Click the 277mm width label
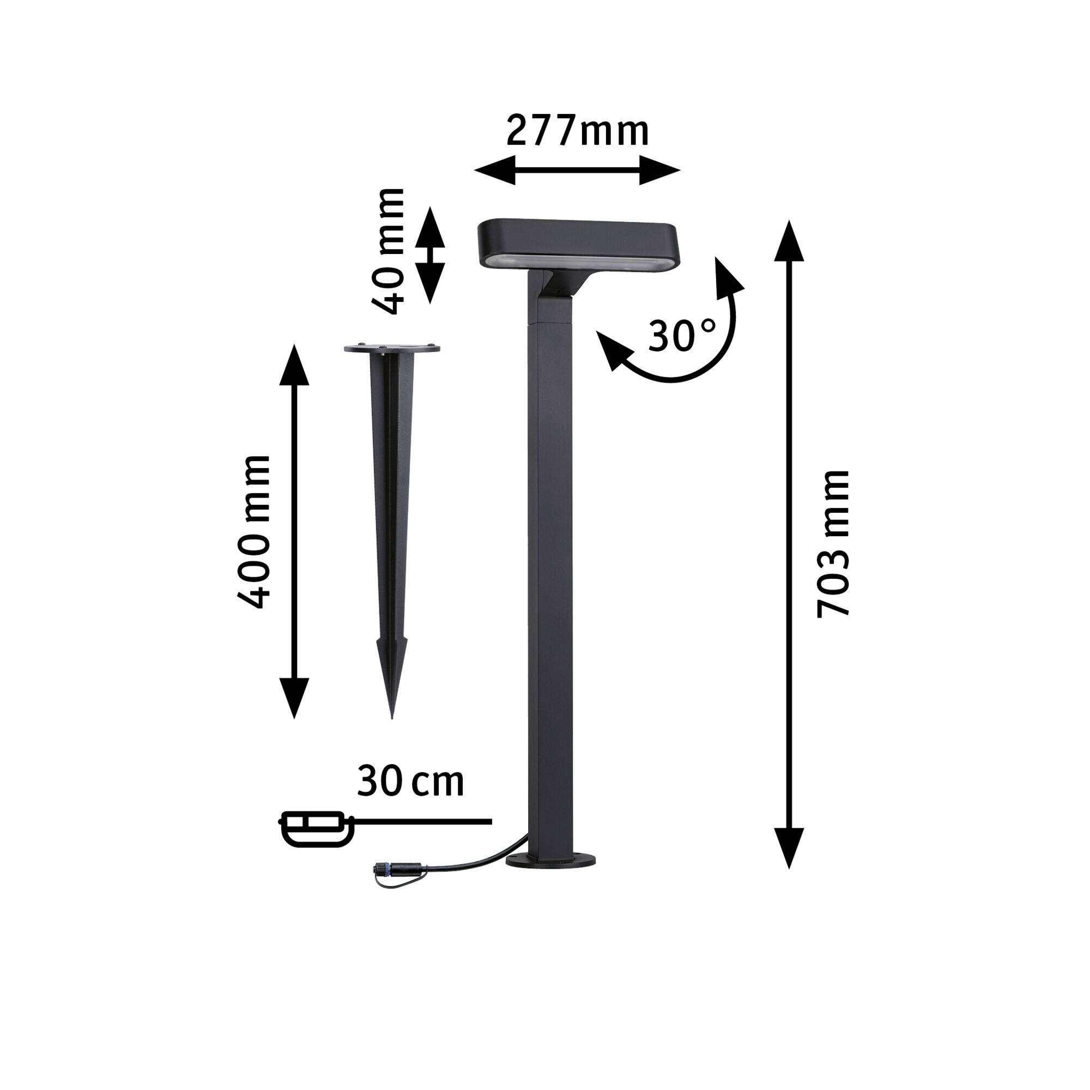pos(577,131)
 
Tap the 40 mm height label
pos(389,251)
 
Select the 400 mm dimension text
pos(254,532)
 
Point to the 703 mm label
pos(833,543)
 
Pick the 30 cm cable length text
pos(410,782)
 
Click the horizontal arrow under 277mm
pos(577,169)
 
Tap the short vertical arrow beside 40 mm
pos(430,255)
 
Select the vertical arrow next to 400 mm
pos(294,531)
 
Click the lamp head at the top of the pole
pos(576,240)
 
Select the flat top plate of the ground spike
pos(392,349)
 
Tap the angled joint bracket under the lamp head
pos(559,285)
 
